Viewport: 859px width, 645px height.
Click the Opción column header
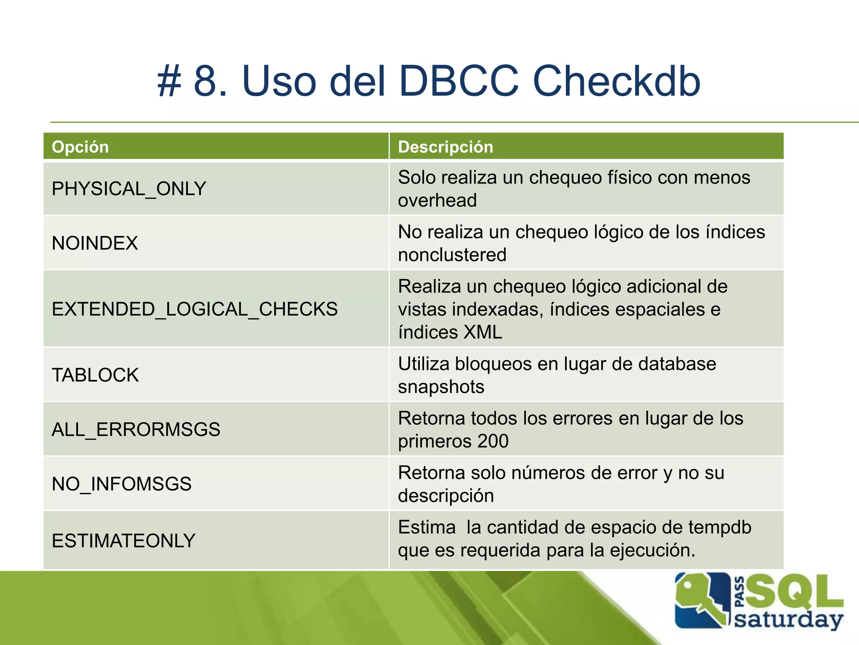click(80, 147)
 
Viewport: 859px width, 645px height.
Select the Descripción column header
click(445, 147)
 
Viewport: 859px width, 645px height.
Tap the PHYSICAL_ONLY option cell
click(129, 189)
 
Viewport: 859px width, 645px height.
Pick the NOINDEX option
click(95, 243)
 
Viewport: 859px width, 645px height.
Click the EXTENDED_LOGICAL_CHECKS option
click(195, 309)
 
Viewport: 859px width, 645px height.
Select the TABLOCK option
click(95, 375)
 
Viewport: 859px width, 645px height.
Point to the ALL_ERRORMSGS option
click(136, 429)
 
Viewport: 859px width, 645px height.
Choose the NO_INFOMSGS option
click(122, 484)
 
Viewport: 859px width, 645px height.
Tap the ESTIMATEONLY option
click(124, 541)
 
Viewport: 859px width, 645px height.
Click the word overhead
click(437, 200)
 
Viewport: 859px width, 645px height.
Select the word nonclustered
click(452, 255)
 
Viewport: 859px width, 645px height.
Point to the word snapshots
click(441, 387)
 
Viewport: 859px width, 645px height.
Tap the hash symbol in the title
click(169, 81)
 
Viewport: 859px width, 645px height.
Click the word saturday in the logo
click(789, 620)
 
